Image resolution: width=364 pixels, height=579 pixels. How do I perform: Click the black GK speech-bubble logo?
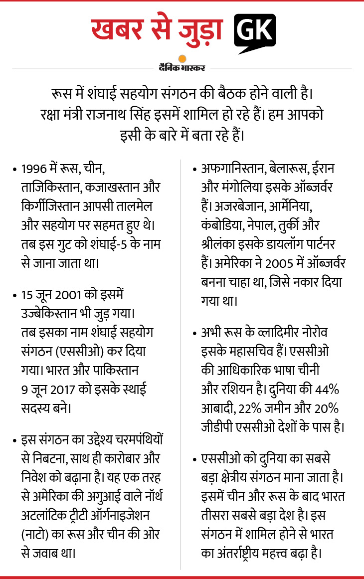point(254,31)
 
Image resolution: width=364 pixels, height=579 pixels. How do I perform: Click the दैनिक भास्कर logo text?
point(182,67)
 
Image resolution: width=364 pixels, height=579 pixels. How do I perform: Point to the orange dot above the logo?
point(182,58)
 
